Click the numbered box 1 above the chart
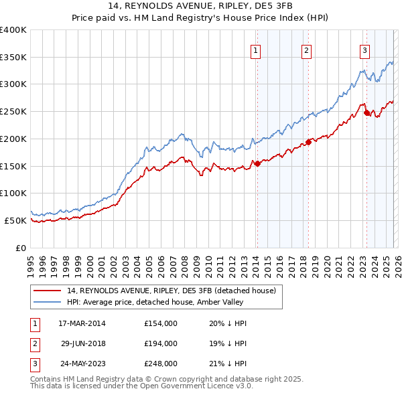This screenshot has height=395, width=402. point(257,50)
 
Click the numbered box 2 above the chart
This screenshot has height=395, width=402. point(306,50)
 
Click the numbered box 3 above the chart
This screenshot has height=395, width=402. point(364,50)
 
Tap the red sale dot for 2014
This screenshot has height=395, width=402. point(257,163)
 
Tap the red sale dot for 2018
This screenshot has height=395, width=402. point(308,141)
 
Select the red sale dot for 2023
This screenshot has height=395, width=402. point(366,112)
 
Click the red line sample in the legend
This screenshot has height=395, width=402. point(48,291)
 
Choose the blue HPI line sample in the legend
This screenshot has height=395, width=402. point(48,302)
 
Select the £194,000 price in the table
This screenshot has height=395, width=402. point(160,343)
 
